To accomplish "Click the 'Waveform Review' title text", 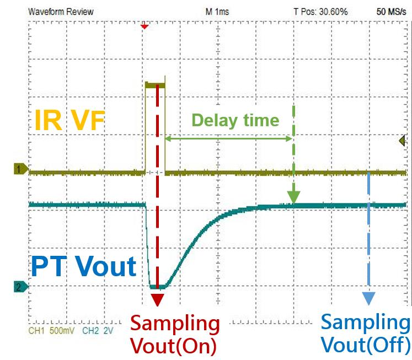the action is [x=61, y=12].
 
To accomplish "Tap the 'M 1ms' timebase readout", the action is [x=217, y=12].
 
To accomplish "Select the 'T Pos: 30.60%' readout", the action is [x=320, y=12].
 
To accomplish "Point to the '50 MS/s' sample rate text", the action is [x=391, y=12].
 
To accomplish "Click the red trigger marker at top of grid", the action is [x=145, y=27].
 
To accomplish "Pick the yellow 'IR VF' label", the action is [x=69, y=120].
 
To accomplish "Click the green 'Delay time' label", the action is [x=236, y=120].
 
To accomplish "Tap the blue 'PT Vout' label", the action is [x=83, y=266].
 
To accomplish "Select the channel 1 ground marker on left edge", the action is [x=21, y=169].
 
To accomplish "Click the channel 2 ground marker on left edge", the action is [x=21, y=287].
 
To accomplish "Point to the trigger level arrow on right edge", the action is [x=402, y=141].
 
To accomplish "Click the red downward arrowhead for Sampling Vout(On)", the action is [x=157, y=299].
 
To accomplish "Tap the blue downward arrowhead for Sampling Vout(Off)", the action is [x=368, y=298].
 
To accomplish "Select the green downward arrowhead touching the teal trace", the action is [x=293, y=197].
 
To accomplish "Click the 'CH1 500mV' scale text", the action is [x=51, y=331].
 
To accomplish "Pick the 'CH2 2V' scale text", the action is [x=98, y=331].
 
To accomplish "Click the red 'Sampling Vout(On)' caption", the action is [x=175, y=335].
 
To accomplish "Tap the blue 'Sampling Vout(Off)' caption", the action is [x=366, y=334].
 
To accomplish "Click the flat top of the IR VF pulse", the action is [x=156, y=84].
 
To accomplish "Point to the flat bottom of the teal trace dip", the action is [x=158, y=287].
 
